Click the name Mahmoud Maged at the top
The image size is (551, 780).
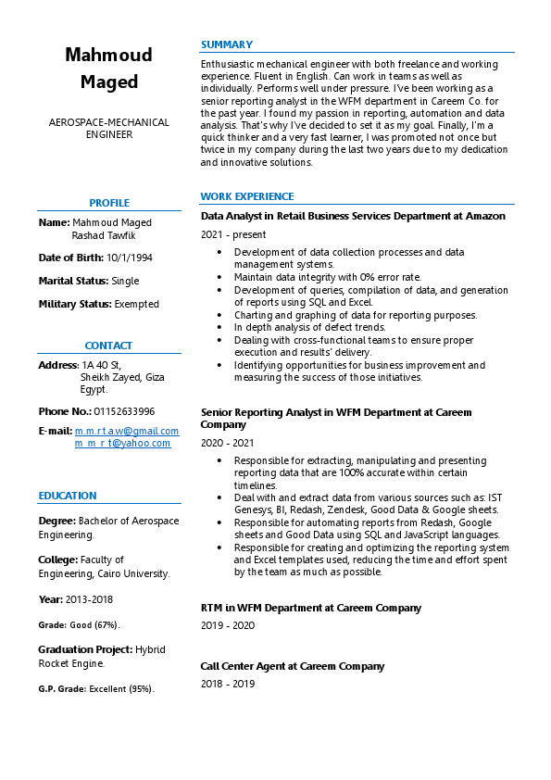pyautogui.click(x=108, y=69)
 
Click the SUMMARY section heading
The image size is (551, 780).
pyautogui.click(x=227, y=44)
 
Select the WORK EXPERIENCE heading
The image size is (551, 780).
pyautogui.click(x=247, y=196)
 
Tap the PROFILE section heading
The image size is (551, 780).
pyautogui.click(x=109, y=203)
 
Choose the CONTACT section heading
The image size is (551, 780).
pyautogui.click(x=108, y=346)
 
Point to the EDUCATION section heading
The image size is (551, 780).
pyautogui.click(x=68, y=496)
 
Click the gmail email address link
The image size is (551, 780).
pyautogui.click(x=127, y=431)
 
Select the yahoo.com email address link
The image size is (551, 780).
pyautogui.click(x=122, y=444)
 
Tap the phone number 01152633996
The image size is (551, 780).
pyautogui.click(x=124, y=411)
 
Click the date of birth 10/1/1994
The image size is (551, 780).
pyautogui.click(x=130, y=257)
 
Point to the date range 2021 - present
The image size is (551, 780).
pyautogui.click(x=232, y=235)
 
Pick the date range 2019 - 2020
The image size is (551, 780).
pyautogui.click(x=228, y=625)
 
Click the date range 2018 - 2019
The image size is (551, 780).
pyautogui.click(x=228, y=684)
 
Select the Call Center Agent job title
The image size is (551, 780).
pyautogui.click(x=293, y=666)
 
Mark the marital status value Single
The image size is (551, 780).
pyautogui.click(x=125, y=280)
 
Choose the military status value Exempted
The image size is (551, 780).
pyautogui.click(x=137, y=304)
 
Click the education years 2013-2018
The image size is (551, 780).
pyautogui.click(x=88, y=599)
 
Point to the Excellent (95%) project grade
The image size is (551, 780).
pyautogui.click(x=121, y=689)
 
